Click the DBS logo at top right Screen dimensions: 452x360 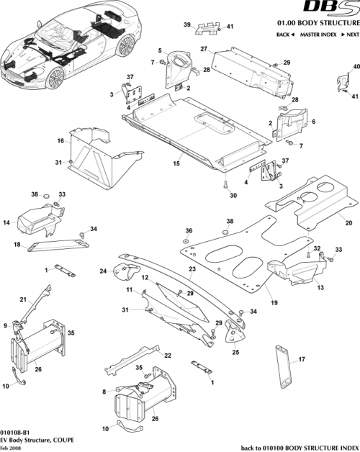pos(333,9)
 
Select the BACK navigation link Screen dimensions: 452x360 pos(286,35)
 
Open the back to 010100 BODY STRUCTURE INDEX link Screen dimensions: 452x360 pos(298,446)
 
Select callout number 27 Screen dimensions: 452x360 pos(204,49)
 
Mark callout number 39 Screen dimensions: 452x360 pos(186,25)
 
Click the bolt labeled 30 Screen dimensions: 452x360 pos(225,185)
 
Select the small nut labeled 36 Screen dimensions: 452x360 pos(186,240)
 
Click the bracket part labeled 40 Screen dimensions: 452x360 pos(341,81)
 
